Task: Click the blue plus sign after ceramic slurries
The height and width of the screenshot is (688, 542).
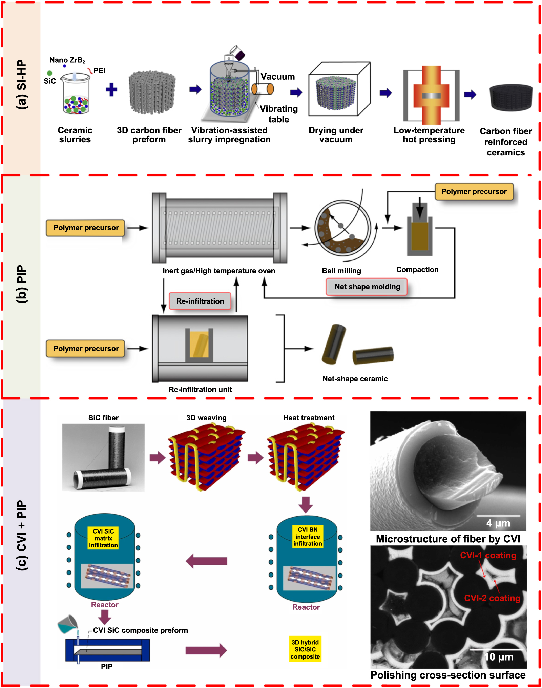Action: [x=111, y=90]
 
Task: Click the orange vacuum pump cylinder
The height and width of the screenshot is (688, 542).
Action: [x=263, y=89]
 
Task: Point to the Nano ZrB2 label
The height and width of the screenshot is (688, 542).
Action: [x=67, y=60]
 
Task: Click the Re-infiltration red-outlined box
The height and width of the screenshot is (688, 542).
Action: [x=200, y=301]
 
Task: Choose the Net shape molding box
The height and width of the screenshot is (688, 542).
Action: [x=367, y=287]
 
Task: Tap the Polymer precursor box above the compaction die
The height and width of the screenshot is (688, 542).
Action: [x=474, y=192]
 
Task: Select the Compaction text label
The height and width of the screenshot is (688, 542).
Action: [x=417, y=270]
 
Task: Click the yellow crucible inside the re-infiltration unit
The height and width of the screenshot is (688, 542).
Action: [x=199, y=344]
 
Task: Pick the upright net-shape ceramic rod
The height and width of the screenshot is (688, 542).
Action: [x=334, y=344]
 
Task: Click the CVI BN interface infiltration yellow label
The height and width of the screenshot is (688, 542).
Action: [x=308, y=537]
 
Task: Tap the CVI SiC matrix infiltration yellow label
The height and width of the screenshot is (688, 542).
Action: [x=103, y=538]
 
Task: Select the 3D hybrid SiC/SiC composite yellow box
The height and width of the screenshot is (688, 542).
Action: [x=305, y=649]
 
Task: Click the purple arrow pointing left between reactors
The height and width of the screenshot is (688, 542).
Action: [x=206, y=561]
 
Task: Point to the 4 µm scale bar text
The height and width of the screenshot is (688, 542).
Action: [x=498, y=523]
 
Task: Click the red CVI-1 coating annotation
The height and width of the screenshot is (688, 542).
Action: [x=488, y=555]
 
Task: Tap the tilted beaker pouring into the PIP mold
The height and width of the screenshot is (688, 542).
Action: [x=68, y=624]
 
